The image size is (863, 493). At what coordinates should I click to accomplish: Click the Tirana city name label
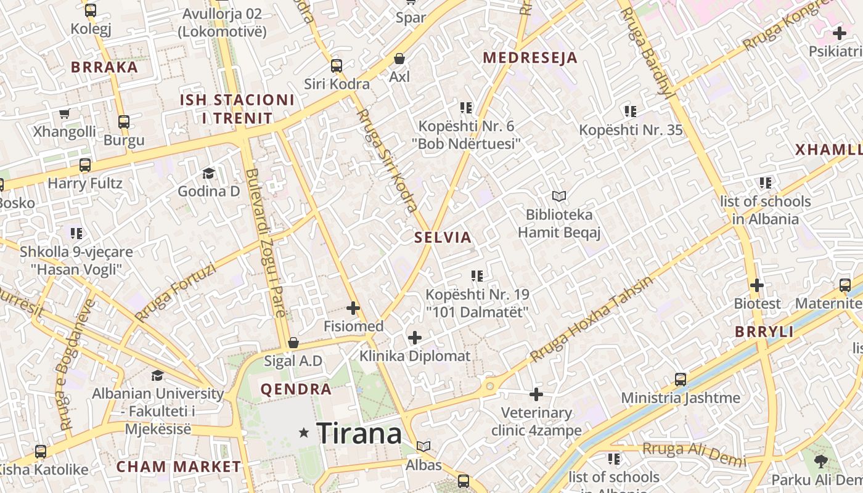359,433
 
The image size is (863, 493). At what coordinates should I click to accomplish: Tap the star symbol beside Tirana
303,433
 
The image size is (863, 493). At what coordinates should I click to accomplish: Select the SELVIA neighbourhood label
443,237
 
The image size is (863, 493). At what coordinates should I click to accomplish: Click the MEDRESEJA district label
530,58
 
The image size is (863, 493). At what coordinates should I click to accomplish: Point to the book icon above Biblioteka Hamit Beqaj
559,196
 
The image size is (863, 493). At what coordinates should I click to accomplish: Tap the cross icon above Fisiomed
353,308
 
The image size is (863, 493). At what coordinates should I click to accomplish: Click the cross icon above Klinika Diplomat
415,337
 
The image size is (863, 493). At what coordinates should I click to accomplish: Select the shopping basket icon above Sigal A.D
293,342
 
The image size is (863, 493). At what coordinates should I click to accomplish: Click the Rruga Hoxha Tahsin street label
591,319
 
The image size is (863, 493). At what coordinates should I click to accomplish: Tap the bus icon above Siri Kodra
336,65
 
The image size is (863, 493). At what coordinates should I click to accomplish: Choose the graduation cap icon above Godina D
208,173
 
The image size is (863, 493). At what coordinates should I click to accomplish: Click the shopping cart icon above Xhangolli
64,113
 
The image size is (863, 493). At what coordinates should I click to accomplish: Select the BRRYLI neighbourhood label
764,332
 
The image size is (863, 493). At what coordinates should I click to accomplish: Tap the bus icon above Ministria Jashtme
681,379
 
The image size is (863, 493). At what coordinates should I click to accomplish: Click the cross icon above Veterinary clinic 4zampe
536,394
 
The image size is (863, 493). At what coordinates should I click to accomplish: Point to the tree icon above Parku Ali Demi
820,460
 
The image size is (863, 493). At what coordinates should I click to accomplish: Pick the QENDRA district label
296,389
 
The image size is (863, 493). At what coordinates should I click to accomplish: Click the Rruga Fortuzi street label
176,293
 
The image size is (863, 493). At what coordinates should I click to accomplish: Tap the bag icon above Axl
399,59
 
